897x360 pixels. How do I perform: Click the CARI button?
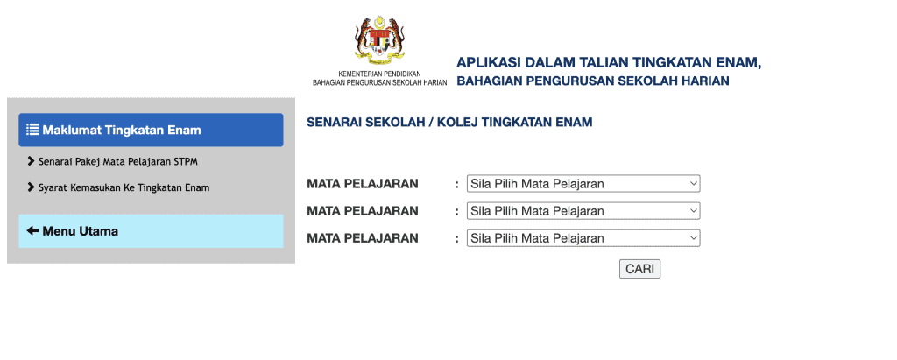click(639, 269)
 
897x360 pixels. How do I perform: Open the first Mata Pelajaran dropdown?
click(583, 184)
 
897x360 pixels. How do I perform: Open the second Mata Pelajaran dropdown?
click(583, 210)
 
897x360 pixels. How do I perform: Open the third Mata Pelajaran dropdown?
click(583, 237)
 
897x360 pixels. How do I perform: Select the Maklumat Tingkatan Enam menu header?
click(151, 130)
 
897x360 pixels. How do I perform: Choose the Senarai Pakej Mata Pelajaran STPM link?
click(118, 161)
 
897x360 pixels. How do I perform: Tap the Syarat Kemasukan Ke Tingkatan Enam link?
click(124, 187)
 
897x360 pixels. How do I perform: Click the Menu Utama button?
click(151, 231)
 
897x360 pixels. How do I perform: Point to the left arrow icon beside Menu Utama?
click(32, 230)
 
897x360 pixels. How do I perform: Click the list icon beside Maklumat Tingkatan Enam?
click(32, 130)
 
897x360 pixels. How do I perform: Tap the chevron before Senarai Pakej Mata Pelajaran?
click(31, 161)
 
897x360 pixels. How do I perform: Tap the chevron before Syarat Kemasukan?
click(31, 187)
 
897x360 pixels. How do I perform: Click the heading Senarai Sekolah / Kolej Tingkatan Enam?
click(449, 122)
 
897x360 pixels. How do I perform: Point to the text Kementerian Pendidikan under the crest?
click(380, 74)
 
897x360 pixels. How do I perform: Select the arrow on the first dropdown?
click(694, 184)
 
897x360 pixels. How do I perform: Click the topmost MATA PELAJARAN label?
click(363, 184)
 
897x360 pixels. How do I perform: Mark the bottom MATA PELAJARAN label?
click(363, 238)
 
